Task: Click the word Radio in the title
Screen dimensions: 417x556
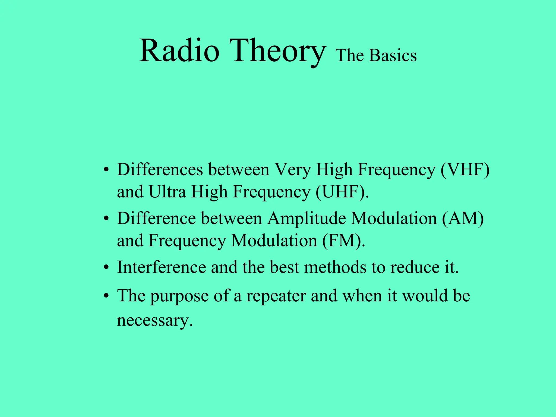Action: (179, 51)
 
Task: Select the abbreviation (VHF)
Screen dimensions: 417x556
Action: (465, 170)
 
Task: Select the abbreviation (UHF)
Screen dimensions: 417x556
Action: (342, 192)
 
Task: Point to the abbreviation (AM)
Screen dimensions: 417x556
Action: (463, 218)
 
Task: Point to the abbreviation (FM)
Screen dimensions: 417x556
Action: (344, 241)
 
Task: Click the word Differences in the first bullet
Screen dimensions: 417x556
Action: (160, 170)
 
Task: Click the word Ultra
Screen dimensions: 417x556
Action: (167, 192)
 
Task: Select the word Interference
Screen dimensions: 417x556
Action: (162, 267)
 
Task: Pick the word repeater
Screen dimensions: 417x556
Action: (276, 296)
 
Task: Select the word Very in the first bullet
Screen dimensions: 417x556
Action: (293, 170)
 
